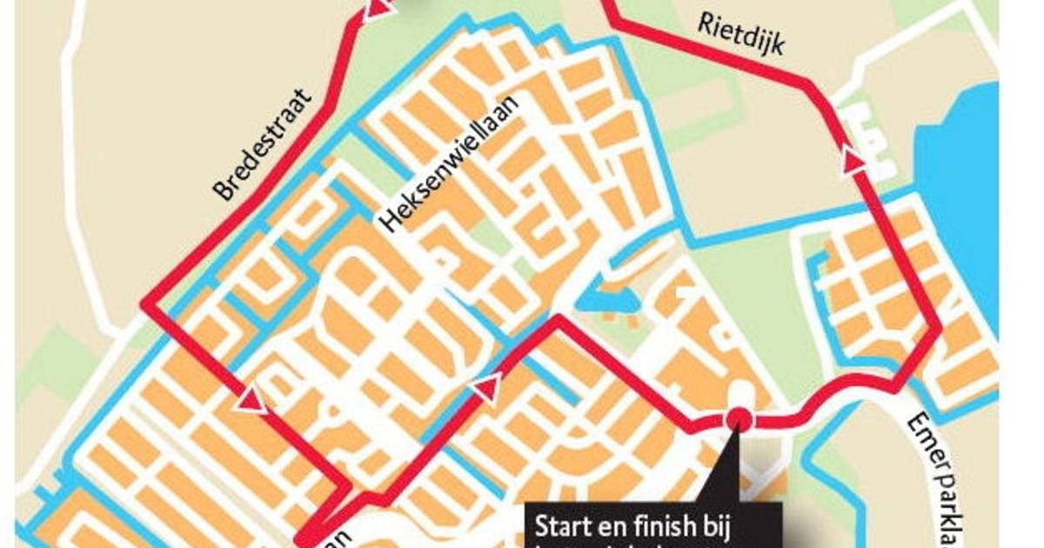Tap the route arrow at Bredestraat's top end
pos(375,10)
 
